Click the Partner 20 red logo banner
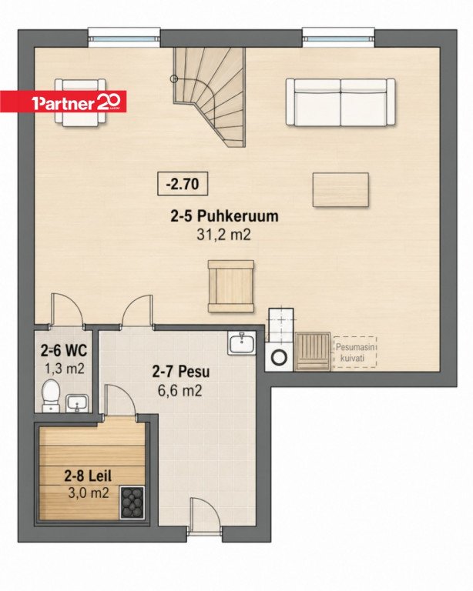pos(63,101)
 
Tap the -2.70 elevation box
pos(183,184)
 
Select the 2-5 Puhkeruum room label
pos(224,216)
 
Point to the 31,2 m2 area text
pos(223,235)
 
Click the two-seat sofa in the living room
pos(340,102)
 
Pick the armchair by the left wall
pos(80,101)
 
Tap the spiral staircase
pos(209,97)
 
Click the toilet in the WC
pos(51,395)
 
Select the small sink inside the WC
pos(77,403)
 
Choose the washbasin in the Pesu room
pos(242,343)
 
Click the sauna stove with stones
pos(132,502)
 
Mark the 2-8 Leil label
pos(88,476)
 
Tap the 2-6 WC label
pos(64,351)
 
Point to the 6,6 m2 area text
pos(180,391)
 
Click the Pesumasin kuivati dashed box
pos(354,352)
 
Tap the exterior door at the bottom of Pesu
pos(205,514)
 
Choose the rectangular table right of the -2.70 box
pos(340,189)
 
